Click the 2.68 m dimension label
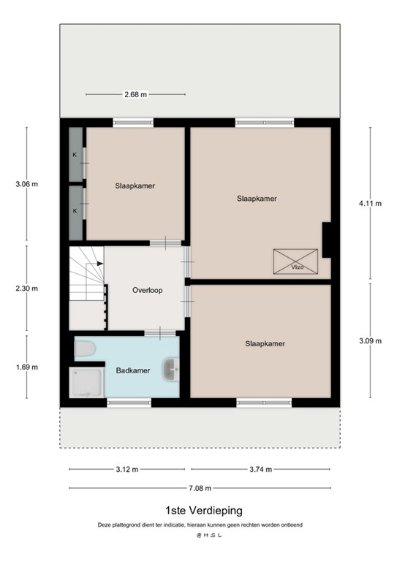click(x=135, y=94)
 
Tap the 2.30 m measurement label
click(x=26, y=288)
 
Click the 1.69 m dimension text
click(x=26, y=367)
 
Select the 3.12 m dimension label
click(x=126, y=470)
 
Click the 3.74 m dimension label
click(x=261, y=470)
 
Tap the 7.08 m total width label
click(x=199, y=489)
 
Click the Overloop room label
click(x=147, y=290)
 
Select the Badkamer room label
click(x=133, y=370)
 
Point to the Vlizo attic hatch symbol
click(x=296, y=262)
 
